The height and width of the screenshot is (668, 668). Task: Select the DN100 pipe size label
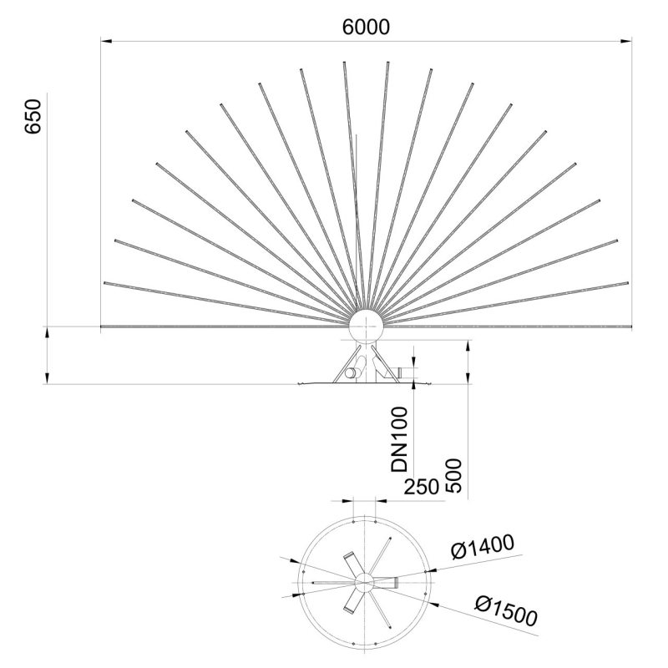pyautogui.click(x=402, y=439)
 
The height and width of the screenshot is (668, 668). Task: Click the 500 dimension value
pyautogui.click(x=454, y=476)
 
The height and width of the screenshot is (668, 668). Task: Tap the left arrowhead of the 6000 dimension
pyautogui.click(x=104, y=39)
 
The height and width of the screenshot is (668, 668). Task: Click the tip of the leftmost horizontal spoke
pyautogui.click(x=102, y=325)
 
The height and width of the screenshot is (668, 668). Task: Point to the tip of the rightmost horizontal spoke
pyautogui.click(x=630, y=325)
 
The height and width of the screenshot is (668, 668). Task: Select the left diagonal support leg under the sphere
pyautogui.click(x=342, y=364)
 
